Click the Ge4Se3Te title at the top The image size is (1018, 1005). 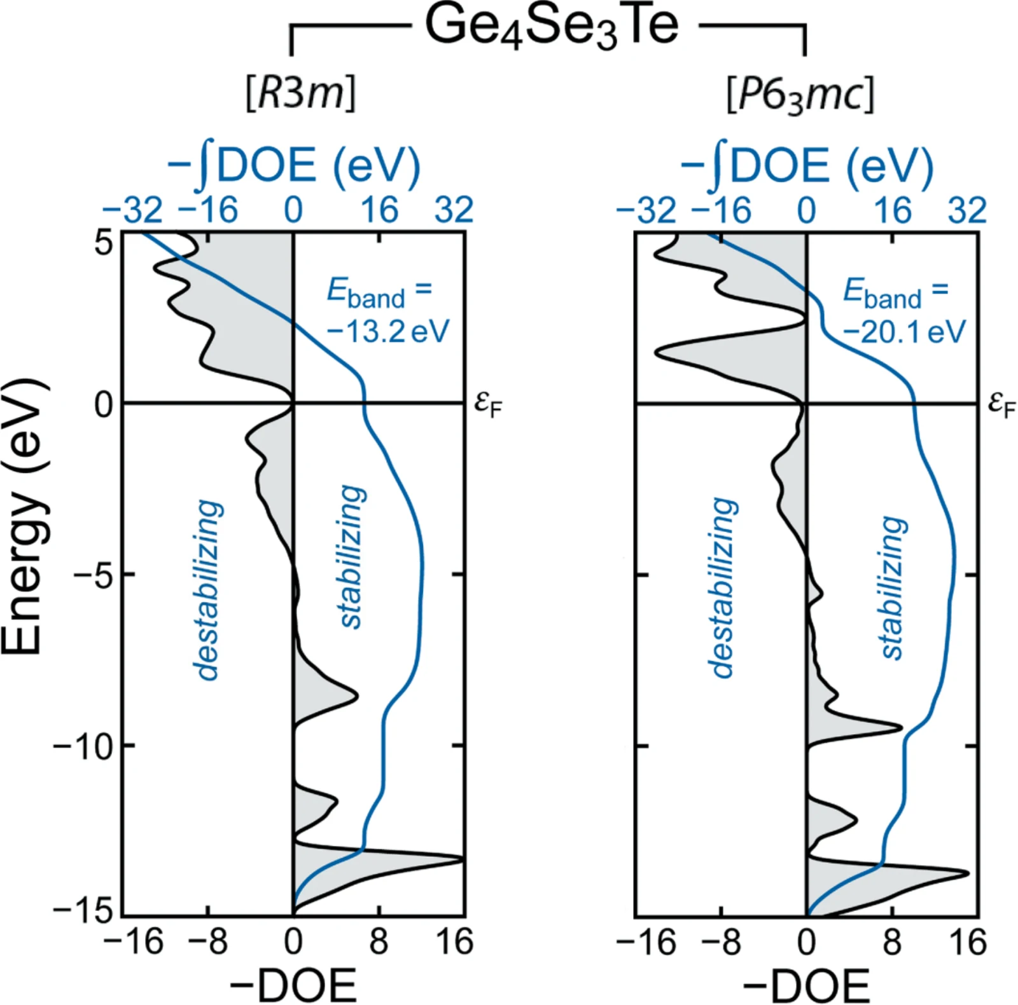tap(552, 27)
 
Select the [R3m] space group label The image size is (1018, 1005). tap(300, 93)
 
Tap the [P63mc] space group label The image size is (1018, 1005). tap(800, 95)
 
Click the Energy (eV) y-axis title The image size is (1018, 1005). tap(24, 516)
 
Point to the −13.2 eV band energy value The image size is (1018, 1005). tap(388, 331)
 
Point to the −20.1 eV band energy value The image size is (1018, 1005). tap(904, 331)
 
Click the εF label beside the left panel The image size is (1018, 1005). tap(489, 405)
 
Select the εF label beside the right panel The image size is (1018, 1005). tap(1001, 405)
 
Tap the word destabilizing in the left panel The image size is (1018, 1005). tap(208, 590)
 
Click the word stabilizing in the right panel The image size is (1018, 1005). tap(892, 588)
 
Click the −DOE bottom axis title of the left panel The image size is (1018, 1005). tap(293, 985)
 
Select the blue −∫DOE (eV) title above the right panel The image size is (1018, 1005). tap(806, 167)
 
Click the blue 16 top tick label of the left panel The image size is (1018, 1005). tap(380, 210)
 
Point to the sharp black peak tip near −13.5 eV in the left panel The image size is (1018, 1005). tap(463, 859)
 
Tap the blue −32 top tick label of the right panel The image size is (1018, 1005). tap(646, 210)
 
